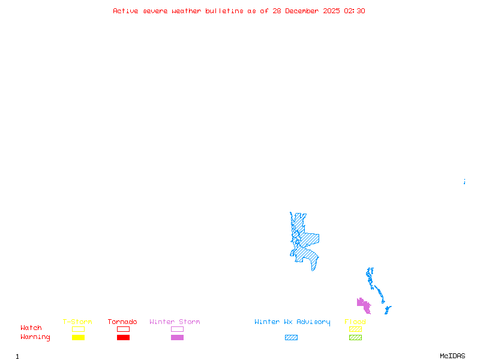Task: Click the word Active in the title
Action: pyautogui.click(x=126, y=11)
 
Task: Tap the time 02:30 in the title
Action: pyautogui.click(x=355, y=11)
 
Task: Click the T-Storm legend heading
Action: pyautogui.click(x=77, y=322)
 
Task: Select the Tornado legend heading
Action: pyautogui.click(x=122, y=322)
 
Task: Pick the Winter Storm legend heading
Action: pyautogui.click(x=175, y=322)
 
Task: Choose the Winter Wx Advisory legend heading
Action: pyautogui.click(x=292, y=322)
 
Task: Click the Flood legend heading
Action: pyautogui.click(x=355, y=322)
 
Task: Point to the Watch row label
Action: pyautogui.click(x=31, y=328)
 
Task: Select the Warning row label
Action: pyautogui.click(x=35, y=337)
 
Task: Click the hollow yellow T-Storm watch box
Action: pyautogui.click(x=78, y=329)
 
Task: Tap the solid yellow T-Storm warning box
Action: pyautogui.click(x=78, y=338)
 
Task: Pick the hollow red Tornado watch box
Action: pyautogui.click(x=123, y=329)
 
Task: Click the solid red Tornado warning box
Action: pyautogui.click(x=123, y=338)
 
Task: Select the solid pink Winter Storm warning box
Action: pyautogui.click(x=177, y=338)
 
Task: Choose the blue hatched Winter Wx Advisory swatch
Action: pyautogui.click(x=291, y=338)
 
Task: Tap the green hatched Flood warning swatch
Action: pyautogui.click(x=355, y=338)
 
